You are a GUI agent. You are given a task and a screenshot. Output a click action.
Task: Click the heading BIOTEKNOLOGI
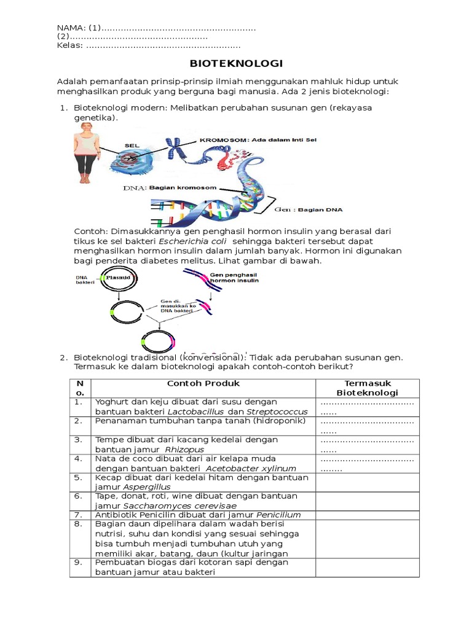coord(235,63)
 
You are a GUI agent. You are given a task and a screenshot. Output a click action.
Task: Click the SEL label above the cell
coord(132,146)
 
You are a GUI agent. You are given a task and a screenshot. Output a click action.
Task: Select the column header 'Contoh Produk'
coord(203,383)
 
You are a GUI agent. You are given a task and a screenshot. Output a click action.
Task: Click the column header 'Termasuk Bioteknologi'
coord(367,388)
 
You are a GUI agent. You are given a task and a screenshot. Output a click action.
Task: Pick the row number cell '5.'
coord(78,477)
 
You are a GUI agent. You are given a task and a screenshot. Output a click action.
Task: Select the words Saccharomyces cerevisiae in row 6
coord(167,505)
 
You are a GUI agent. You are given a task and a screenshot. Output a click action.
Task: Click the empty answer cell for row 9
coord(367,567)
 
